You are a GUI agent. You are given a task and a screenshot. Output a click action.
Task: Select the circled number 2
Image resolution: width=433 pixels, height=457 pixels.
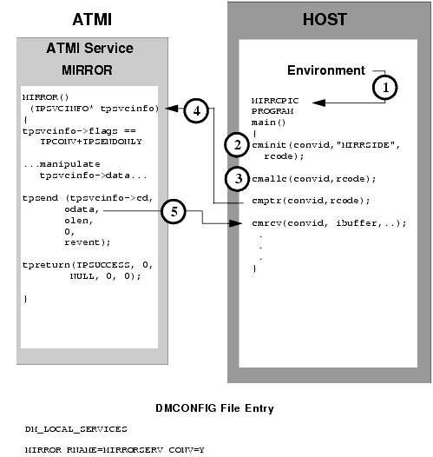(233, 145)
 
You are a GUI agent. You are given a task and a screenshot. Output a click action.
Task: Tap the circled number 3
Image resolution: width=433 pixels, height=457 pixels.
(233, 177)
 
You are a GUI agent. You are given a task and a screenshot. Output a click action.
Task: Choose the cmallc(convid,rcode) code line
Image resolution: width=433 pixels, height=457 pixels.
(300, 178)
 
